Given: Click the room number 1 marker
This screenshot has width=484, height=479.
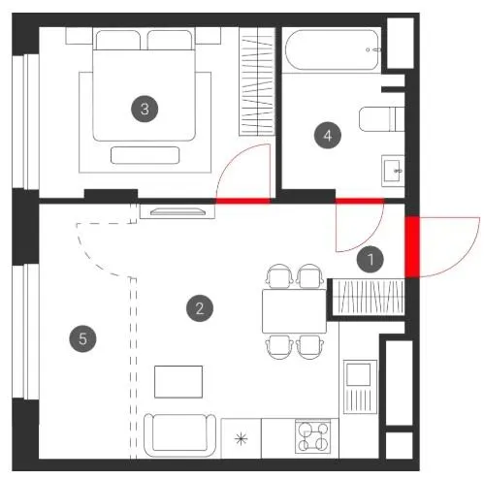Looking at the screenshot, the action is (x=371, y=259).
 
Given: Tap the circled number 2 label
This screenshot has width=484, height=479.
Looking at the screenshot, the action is (x=200, y=308).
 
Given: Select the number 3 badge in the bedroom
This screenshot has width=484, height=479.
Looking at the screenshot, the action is (x=145, y=109).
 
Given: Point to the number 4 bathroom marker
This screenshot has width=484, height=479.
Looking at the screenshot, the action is (x=328, y=135).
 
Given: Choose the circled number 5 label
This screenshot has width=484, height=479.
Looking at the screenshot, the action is (x=82, y=338).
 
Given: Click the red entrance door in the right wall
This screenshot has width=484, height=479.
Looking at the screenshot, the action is (x=412, y=247).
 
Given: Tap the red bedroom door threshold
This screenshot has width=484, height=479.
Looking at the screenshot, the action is (x=242, y=201).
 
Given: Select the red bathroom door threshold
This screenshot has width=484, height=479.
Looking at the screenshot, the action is (x=360, y=201).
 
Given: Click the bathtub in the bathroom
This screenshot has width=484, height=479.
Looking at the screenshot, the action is (x=332, y=49).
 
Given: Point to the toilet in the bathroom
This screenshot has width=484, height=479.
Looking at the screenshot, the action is (x=382, y=119).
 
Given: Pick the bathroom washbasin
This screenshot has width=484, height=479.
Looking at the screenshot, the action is (x=393, y=171).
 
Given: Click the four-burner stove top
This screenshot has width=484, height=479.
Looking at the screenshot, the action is (x=313, y=436).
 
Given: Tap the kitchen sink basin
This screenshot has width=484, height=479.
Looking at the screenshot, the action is (x=359, y=374).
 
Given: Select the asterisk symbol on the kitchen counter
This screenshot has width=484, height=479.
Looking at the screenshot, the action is (x=241, y=438).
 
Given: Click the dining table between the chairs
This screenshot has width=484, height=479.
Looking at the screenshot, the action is (x=294, y=311).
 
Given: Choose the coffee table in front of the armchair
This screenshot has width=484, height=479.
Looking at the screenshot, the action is (x=178, y=382).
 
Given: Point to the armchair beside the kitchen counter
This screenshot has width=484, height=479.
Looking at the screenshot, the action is (x=179, y=435).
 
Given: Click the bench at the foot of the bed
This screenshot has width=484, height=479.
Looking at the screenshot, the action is (x=145, y=155).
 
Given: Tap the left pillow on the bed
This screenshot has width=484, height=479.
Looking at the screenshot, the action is (x=118, y=40).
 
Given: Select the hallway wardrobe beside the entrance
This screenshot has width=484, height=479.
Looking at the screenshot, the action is (x=368, y=298).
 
